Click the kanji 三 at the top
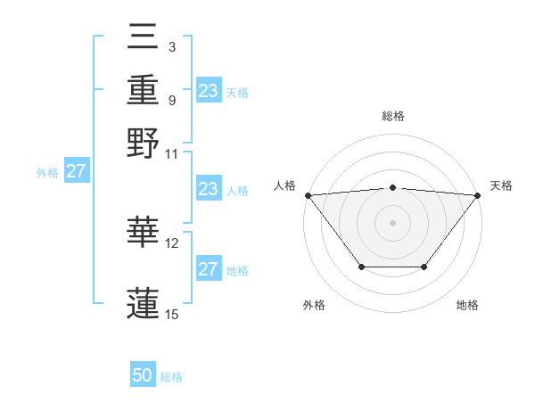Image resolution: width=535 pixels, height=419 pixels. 144,39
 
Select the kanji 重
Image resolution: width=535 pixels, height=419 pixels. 144,90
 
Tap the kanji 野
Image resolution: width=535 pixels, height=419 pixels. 144,142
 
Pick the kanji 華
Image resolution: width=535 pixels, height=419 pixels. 144,233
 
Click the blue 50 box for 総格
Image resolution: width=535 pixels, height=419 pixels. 143,375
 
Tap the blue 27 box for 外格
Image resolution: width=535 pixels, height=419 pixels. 75,171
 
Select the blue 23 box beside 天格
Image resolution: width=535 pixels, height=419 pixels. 209,90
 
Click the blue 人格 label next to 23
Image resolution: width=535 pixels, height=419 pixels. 237,191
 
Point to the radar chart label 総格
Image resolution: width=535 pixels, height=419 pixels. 392,116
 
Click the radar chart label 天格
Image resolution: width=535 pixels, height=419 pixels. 501,185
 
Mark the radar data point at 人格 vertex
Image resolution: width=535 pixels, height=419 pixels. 308,195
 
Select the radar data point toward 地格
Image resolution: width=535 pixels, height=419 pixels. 424,267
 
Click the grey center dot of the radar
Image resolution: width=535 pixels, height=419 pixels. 392,222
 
